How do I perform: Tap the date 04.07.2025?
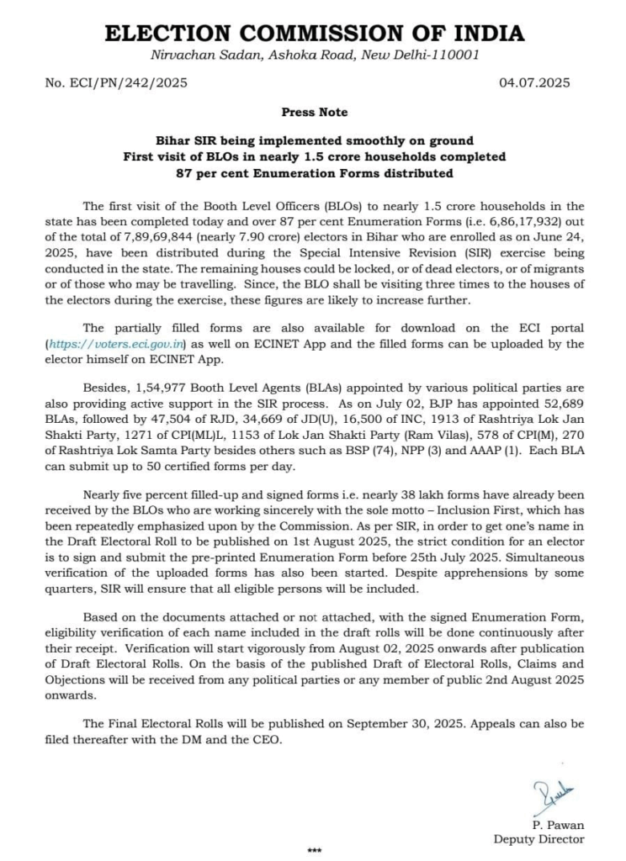pyautogui.click(x=535, y=82)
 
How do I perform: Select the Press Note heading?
pyautogui.click(x=314, y=112)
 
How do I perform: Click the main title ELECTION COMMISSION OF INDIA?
pyautogui.click(x=314, y=34)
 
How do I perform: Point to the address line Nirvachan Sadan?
pyautogui.click(x=314, y=55)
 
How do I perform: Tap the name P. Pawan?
pyautogui.click(x=557, y=824)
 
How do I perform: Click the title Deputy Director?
pyautogui.click(x=538, y=838)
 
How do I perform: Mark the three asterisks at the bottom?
pyautogui.click(x=314, y=852)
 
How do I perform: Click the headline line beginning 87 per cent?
pyautogui.click(x=314, y=173)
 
